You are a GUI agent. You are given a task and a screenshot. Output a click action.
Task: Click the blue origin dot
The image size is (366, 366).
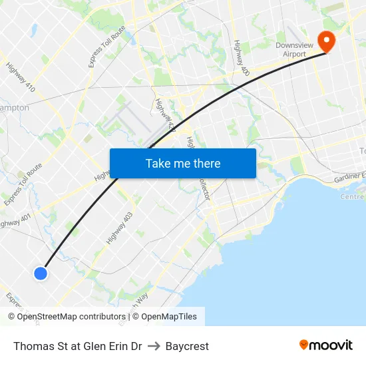point(41,273)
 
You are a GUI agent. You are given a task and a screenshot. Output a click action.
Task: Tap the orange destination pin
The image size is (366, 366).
point(327,41)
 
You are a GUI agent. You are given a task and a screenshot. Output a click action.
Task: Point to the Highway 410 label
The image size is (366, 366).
point(21,77)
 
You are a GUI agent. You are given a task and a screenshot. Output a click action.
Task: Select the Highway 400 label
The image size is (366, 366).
point(241,57)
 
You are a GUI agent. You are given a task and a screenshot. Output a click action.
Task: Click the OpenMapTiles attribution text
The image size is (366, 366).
point(168,317)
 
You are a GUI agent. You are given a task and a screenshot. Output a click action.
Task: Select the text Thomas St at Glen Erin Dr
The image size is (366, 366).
point(77,346)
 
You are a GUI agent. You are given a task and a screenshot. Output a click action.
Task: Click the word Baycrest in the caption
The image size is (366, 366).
point(187,346)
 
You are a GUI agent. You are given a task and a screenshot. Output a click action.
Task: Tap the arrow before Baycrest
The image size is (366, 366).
point(154,346)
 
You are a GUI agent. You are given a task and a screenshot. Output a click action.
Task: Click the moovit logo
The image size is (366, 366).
point(326,345)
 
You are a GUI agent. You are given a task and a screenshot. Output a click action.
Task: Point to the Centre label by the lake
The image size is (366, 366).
point(351,197)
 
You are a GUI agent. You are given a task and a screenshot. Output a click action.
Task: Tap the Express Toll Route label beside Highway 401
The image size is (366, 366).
point(23,184)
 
